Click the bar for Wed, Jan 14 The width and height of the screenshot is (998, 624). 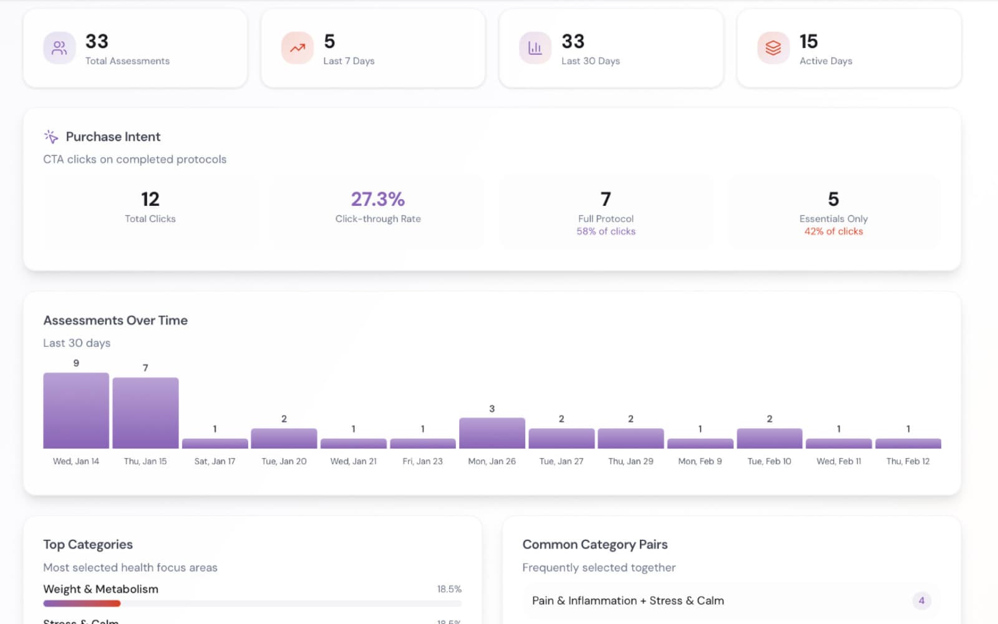(76, 410)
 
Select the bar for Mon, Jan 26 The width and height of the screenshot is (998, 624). (492, 432)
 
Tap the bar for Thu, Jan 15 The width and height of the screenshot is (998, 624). (145, 412)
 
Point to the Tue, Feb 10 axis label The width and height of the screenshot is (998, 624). (769, 461)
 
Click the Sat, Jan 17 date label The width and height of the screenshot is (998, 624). (215, 461)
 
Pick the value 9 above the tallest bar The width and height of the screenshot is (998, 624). (76, 363)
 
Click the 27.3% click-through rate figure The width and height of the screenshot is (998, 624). (377, 199)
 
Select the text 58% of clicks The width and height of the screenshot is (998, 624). (606, 231)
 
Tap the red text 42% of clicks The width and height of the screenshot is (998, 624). (833, 231)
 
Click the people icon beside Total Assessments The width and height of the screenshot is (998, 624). (59, 48)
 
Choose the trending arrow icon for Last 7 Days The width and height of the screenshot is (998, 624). (298, 48)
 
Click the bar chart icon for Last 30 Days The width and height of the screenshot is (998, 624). (535, 48)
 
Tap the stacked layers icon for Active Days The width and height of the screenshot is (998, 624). (773, 48)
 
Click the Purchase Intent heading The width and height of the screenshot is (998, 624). (113, 137)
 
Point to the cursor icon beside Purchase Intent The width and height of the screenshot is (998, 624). (51, 137)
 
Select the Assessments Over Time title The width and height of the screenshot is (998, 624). (115, 320)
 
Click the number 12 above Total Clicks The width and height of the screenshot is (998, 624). (150, 199)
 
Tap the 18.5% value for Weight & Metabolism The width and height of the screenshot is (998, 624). (449, 589)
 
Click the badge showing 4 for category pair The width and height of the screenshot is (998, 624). (921, 600)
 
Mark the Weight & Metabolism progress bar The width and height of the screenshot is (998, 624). (252, 603)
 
